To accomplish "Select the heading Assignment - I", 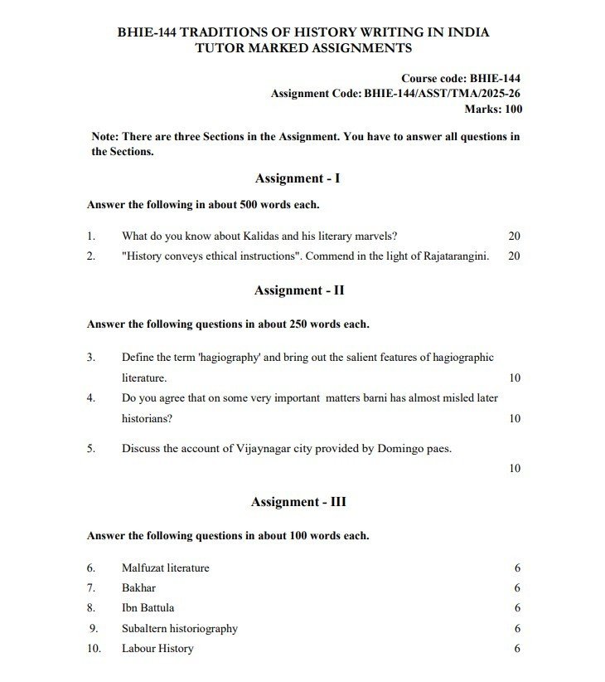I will [x=298, y=178].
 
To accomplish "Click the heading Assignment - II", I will [x=299, y=290].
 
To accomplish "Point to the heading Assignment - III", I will [x=298, y=502].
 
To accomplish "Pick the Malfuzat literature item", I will [x=165, y=568].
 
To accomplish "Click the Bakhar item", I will [x=138, y=588].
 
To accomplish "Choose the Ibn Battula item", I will [x=148, y=608].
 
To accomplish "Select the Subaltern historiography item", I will [x=179, y=628].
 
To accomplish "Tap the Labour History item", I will [x=157, y=648].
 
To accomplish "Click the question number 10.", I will [x=94, y=648].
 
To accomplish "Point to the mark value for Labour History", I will [x=517, y=648].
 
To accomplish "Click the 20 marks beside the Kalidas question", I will [x=514, y=236].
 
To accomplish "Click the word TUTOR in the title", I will [x=220, y=48].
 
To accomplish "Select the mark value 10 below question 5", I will [x=514, y=469].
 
